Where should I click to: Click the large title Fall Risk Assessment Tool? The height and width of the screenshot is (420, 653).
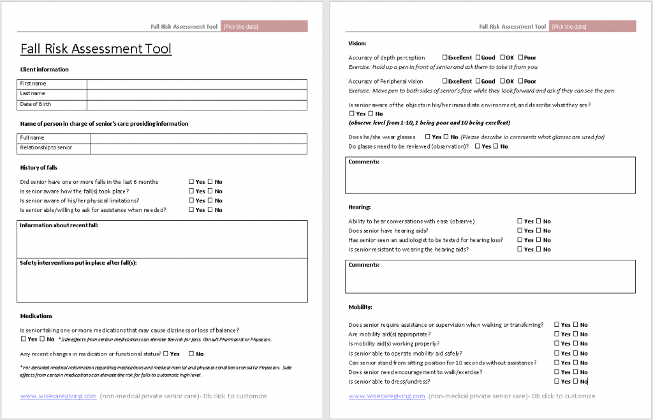pos(96,49)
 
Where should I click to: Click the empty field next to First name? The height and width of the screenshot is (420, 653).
pos(196,84)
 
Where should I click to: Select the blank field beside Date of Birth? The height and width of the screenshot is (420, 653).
pos(196,105)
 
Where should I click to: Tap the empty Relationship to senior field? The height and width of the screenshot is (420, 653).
pos(198,148)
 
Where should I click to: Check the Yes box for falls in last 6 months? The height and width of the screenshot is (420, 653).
pos(191,182)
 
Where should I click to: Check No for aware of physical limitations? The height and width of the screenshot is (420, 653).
pos(210,200)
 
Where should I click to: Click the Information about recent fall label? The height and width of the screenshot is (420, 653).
pos(59,225)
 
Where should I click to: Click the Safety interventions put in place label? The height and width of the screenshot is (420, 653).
pos(78,262)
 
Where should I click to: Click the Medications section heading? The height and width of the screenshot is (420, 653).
pos(36,315)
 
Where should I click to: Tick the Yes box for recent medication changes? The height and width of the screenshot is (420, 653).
pos(166,354)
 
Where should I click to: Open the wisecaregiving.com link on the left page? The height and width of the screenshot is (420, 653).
pos(59,396)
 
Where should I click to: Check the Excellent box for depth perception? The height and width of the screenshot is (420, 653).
pos(445,57)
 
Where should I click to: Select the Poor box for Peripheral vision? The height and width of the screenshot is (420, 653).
pos(520,81)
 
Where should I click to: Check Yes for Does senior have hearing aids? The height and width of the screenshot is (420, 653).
pos(520,230)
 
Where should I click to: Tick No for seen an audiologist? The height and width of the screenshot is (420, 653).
pos(539,240)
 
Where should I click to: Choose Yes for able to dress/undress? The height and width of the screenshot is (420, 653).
pos(557,382)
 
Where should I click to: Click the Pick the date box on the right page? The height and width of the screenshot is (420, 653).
pos(593,26)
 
